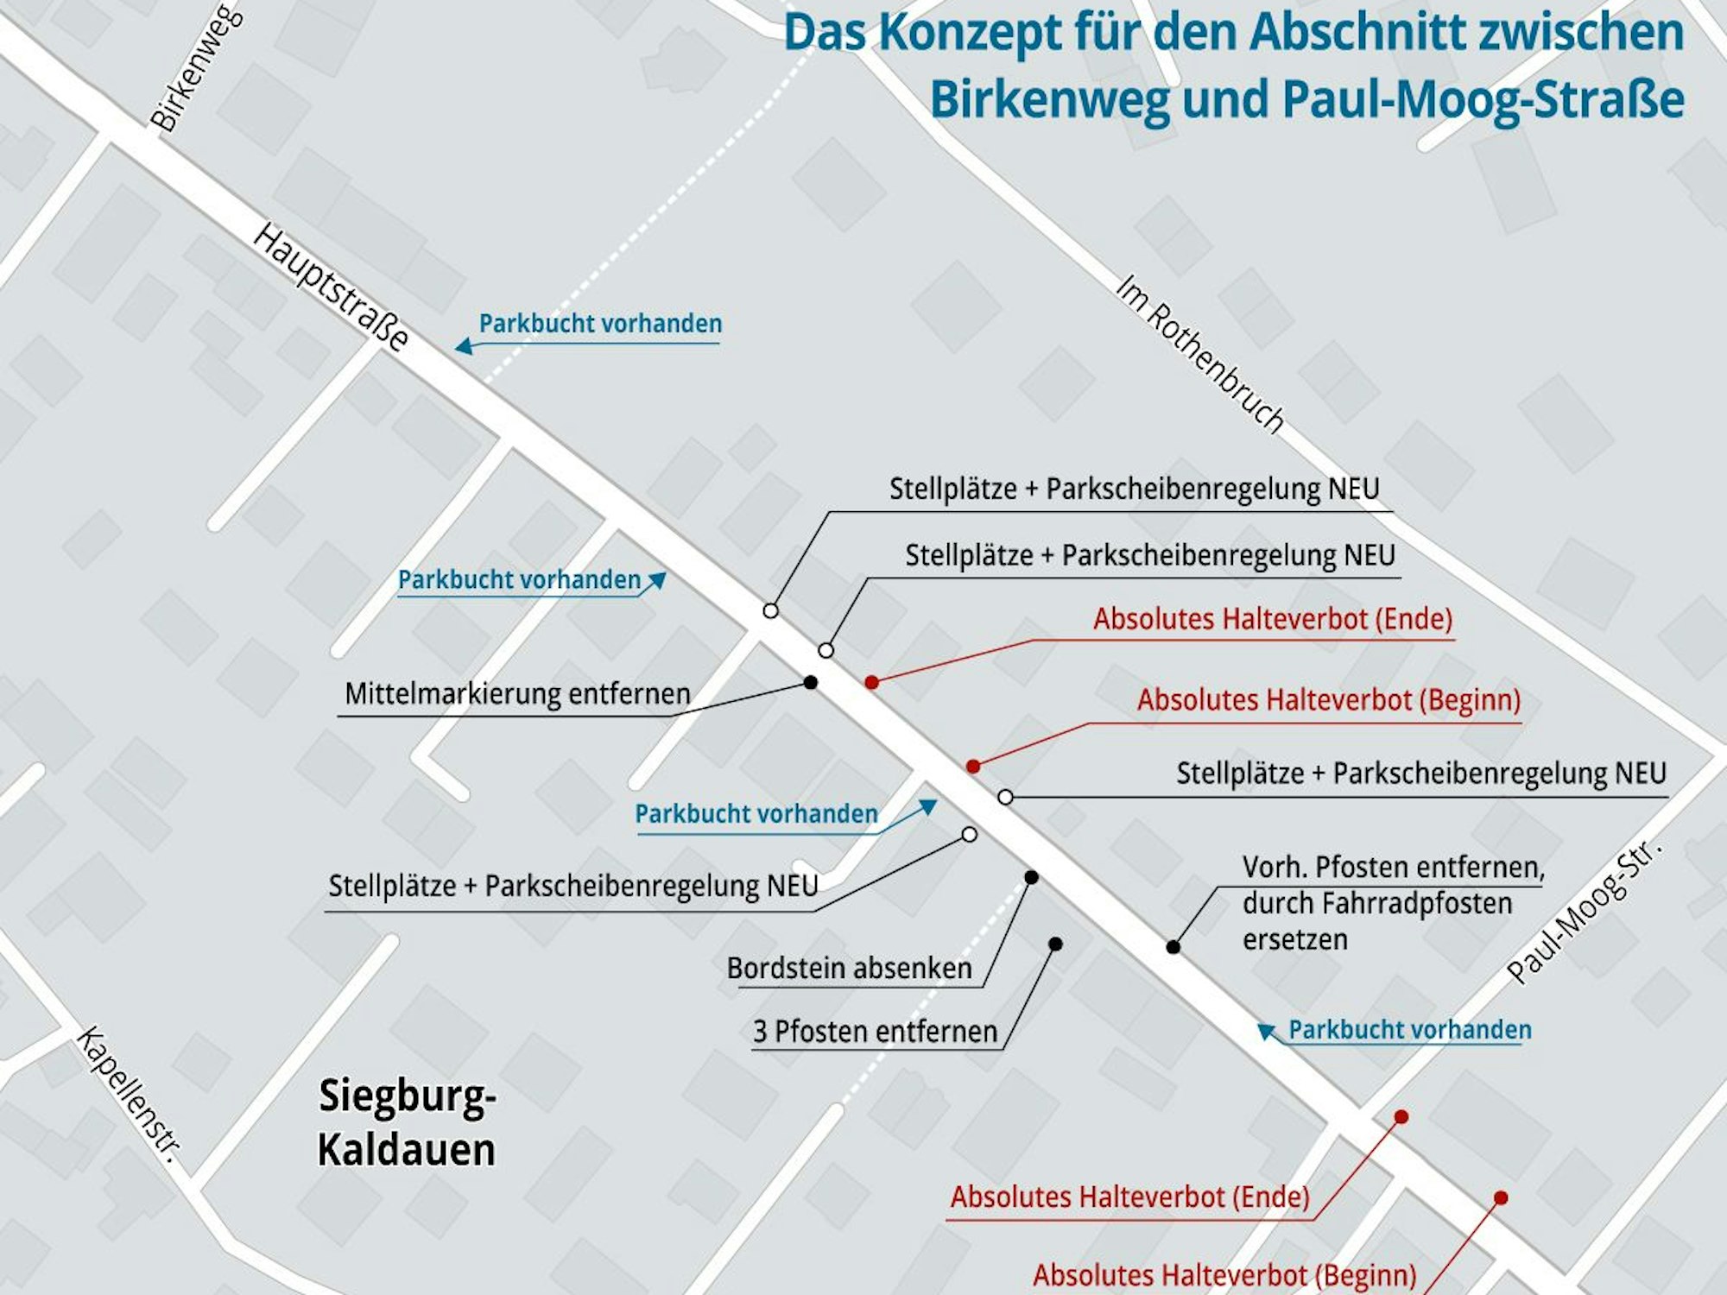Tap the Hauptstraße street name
(x=330, y=287)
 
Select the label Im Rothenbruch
(x=1199, y=354)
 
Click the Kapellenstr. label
(x=130, y=1093)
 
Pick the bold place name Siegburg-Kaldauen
(x=407, y=1122)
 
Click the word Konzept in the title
(x=971, y=33)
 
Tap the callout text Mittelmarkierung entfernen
(x=517, y=694)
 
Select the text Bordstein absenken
(x=849, y=969)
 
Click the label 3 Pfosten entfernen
(x=875, y=1032)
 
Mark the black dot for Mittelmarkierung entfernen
(x=810, y=683)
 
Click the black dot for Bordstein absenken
(x=1031, y=877)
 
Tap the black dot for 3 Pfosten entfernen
(x=1055, y=944)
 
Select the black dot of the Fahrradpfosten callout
(x=1173, y=947)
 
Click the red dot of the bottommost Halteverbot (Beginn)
(x=1501, y=1198)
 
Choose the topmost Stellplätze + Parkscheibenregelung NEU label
(x=1134, y=489)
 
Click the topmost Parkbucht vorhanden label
(x=600, y=324)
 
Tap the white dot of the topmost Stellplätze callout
(x=770, y=611)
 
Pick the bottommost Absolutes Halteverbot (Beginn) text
(x=1224, y=1275)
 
